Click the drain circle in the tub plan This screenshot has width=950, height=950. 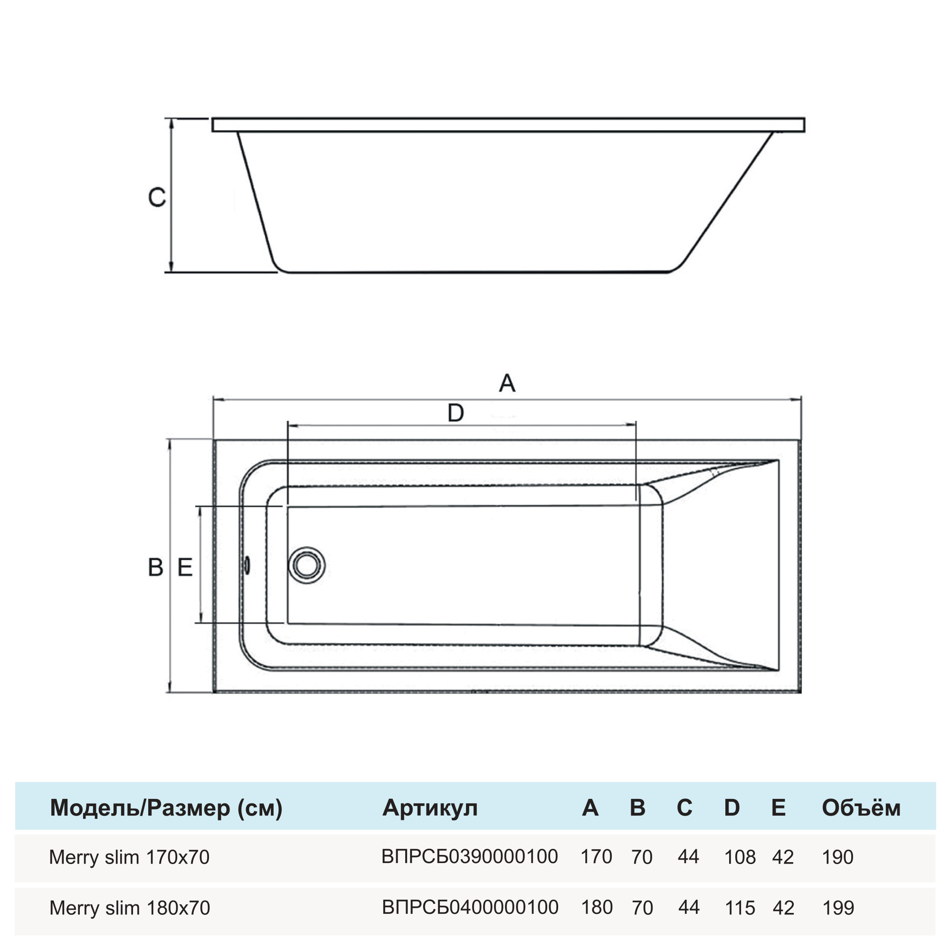click(306, 565)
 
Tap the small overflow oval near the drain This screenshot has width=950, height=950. click(247, 565)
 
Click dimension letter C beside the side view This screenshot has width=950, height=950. click(157, 197)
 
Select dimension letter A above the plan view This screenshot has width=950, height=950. click(507, 383)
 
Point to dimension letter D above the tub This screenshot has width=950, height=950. click(456, 413)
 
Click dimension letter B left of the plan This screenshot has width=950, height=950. click(155, 568)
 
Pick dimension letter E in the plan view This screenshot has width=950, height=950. click(185, 568)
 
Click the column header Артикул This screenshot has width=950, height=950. click(430, 808)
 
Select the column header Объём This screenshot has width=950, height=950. click(861, 808)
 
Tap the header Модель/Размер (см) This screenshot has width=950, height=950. click(166, 808)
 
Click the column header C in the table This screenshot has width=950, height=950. click(684, 808)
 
